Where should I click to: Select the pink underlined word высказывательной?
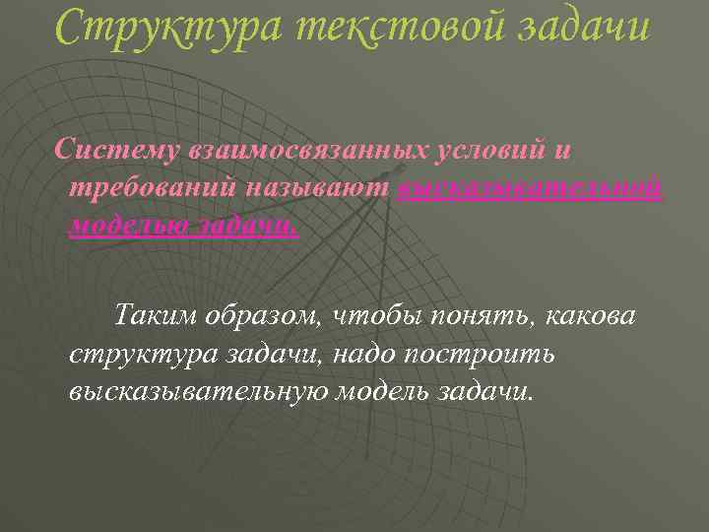[532, 188]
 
